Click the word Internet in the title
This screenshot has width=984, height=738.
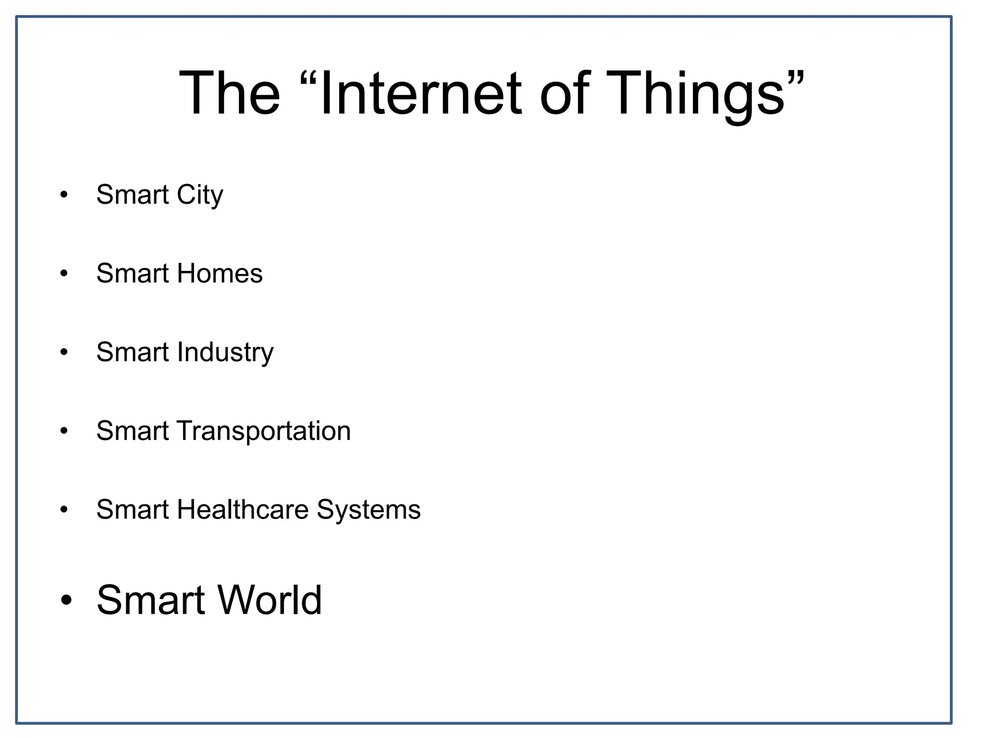(421, 93)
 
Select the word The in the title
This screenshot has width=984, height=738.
(230, 93)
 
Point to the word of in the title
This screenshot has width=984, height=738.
(565, 93)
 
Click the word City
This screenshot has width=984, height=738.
(200, 195)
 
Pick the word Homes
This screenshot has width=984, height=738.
(220, 273)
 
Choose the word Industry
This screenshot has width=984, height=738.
(225, 352)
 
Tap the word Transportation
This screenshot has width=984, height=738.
(264, 431)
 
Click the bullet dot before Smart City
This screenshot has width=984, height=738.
(64, 195)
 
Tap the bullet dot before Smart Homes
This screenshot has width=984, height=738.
(64, 274)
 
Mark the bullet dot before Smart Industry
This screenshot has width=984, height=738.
(64, 353)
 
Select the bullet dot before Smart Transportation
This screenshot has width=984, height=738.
(64, 431)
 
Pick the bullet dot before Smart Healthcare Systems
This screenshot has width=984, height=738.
(64, 510)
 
